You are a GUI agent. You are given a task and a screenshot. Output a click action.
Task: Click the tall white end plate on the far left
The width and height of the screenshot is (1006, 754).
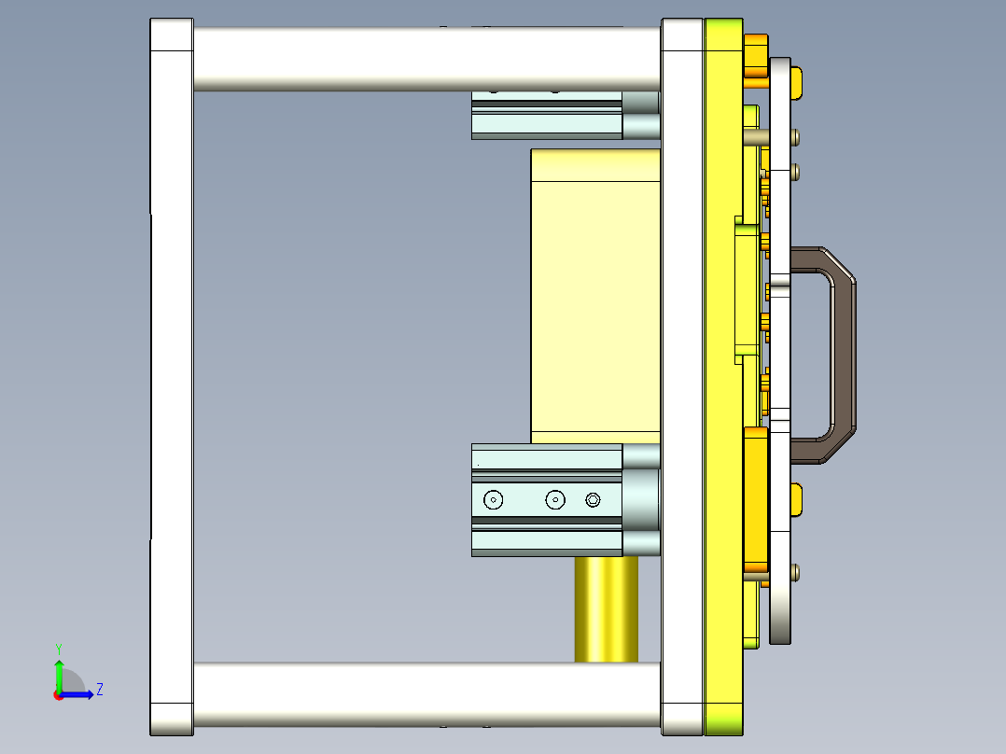172,373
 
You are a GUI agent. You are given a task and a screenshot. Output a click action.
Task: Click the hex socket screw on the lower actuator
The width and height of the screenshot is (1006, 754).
593,500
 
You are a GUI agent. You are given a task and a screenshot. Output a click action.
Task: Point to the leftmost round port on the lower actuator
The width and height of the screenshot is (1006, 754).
493,500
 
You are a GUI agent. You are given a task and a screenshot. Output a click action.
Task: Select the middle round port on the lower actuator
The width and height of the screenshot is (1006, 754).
555,500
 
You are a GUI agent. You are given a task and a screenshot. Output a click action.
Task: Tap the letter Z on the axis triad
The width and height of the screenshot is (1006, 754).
99,690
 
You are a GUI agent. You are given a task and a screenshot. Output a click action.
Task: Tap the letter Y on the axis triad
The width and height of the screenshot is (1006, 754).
58,648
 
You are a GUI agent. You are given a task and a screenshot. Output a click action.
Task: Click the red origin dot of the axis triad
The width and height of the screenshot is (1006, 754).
58,694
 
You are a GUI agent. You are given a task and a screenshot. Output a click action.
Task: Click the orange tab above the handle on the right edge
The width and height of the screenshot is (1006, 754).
797,82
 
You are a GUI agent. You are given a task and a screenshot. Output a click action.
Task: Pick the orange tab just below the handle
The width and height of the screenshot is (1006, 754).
797,499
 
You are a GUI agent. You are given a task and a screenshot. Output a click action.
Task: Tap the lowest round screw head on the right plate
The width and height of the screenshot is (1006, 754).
795,571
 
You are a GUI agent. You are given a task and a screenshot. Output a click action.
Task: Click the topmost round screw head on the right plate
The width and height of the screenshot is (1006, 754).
795,138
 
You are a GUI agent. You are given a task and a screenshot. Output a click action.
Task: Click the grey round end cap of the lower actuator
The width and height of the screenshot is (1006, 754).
641,500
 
